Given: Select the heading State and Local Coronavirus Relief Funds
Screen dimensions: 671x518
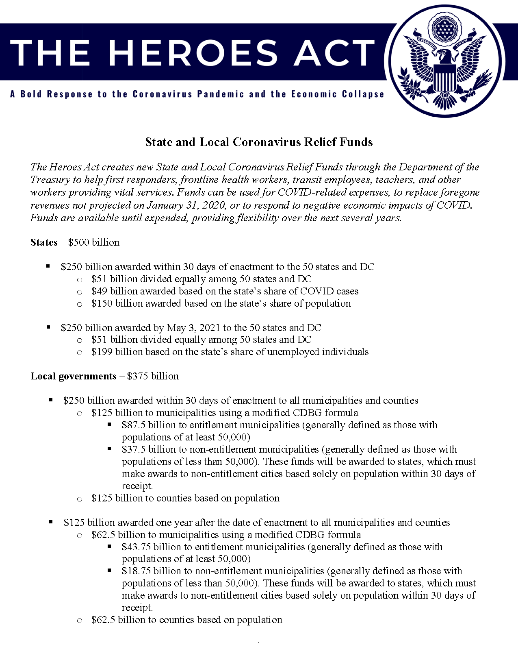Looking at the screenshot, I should tap(259, 142).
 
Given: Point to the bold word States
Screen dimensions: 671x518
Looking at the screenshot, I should tap(44, 242).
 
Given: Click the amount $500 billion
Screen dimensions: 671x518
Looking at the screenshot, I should tap(94, 242).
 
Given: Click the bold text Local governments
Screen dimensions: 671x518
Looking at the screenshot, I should tap(74, 376).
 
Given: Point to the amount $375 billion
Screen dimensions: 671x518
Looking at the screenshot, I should tap(153, 376).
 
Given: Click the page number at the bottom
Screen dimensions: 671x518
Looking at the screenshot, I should tap(259, 644).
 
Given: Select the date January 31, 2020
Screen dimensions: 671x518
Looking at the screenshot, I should tap(186, 205).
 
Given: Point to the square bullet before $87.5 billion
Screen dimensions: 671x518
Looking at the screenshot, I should tap(110, 424).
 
